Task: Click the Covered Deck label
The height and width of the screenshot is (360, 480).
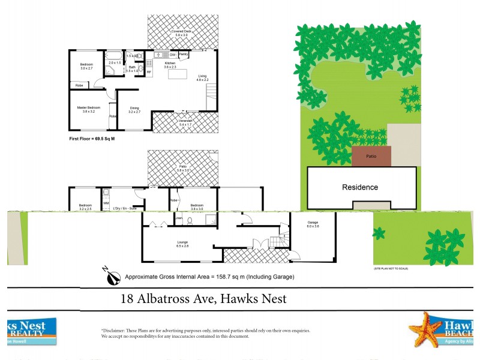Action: pos(181,31)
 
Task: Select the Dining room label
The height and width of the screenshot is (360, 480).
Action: pos(134,108)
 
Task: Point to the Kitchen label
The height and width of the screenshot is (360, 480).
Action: pos(170,63)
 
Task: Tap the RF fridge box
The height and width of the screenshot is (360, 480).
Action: pos(148,72)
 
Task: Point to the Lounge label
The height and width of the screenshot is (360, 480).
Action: pos(183,244)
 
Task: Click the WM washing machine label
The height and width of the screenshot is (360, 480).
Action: pos(106,204)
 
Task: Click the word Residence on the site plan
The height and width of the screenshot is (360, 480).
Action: pos(360,187)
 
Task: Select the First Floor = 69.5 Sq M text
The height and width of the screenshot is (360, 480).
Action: pos(92,139)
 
